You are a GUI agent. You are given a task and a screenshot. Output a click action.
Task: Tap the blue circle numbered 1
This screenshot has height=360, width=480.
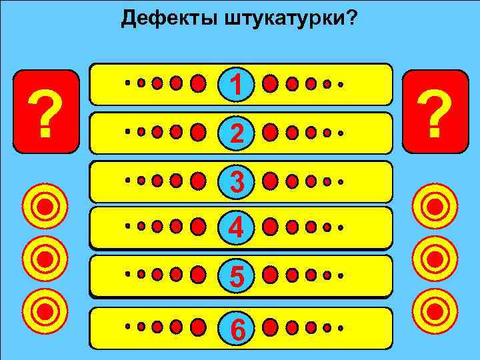point(235,84)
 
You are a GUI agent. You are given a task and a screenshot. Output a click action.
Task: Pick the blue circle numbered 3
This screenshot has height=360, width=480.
point(235,181)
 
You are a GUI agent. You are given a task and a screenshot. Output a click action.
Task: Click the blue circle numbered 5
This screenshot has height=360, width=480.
point(235,275)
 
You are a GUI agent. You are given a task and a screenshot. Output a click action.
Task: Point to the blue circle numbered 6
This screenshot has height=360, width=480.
point(235,328)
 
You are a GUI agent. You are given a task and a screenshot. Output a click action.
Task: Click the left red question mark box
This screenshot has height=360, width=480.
point(45,112)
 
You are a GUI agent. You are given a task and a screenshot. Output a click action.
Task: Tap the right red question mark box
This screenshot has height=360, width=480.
point(435,112)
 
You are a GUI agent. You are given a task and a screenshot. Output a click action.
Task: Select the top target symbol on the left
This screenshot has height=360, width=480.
point(45,205)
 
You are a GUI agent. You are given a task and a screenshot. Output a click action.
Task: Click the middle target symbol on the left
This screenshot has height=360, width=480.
point(45,258)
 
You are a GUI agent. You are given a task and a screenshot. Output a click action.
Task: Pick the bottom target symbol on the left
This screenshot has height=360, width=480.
point(45,309)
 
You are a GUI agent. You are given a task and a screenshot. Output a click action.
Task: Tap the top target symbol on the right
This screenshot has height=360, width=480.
point(435,205)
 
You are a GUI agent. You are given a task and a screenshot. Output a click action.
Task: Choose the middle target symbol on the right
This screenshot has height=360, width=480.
point(435,258)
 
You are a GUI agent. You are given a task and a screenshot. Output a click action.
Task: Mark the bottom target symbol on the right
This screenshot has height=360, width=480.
point(435,309)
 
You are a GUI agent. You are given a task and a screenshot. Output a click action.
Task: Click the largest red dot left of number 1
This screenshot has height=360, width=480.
point(198,84)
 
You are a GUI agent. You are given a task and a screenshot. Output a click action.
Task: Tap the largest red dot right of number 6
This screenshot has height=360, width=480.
point(270,327)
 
